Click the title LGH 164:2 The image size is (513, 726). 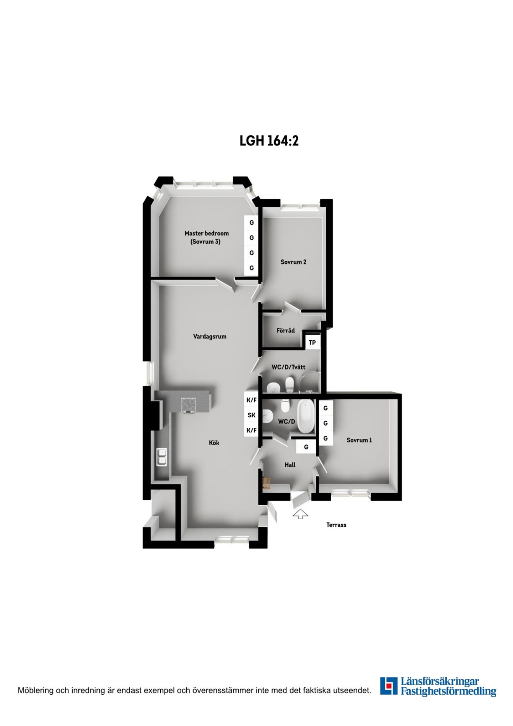(269, 140)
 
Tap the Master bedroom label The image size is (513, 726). (207, 233)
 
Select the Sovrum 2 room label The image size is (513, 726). (294, 262)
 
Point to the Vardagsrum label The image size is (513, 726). (210, 336)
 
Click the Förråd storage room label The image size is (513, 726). (286, 330)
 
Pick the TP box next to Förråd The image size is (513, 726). (312, 343)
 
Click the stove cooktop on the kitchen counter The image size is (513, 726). (188, 405)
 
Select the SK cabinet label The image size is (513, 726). (252, 415)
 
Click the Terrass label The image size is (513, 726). (336, 525)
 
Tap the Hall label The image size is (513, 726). (290, 465)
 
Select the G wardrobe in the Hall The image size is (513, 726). (306, 447)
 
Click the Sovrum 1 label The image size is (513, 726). (359, 440)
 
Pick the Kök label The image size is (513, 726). (214, 443)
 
